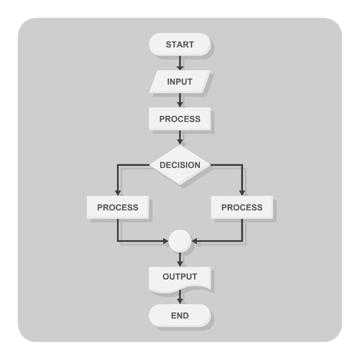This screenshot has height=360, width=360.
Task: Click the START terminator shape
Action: click(180, 44)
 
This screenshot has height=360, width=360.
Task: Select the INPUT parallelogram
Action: click(180, 82)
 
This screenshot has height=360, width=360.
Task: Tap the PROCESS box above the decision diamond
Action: click(180, 119)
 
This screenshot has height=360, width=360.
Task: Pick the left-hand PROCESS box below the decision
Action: click(118, 207)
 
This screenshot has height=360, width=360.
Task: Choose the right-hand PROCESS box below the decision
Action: click(242, 207)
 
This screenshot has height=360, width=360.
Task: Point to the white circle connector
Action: click(180, 240)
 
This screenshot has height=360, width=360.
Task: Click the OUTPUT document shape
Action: click(180, 277)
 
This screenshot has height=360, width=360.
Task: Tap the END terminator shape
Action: click(180, 315)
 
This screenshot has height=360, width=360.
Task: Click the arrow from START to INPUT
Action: click(180, 63)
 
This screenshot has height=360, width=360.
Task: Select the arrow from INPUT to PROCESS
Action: click(180, 100)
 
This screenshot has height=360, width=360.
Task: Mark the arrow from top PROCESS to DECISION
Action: click(180, 138)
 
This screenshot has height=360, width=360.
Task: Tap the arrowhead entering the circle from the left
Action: click(165, 240)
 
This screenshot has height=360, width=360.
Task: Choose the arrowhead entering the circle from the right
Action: click(195, 240)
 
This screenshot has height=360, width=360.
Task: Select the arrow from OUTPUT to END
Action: click(180, 297)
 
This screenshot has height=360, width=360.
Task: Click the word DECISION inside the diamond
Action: click(180, 165)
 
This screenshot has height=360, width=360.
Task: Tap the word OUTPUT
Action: click(180, 277)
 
